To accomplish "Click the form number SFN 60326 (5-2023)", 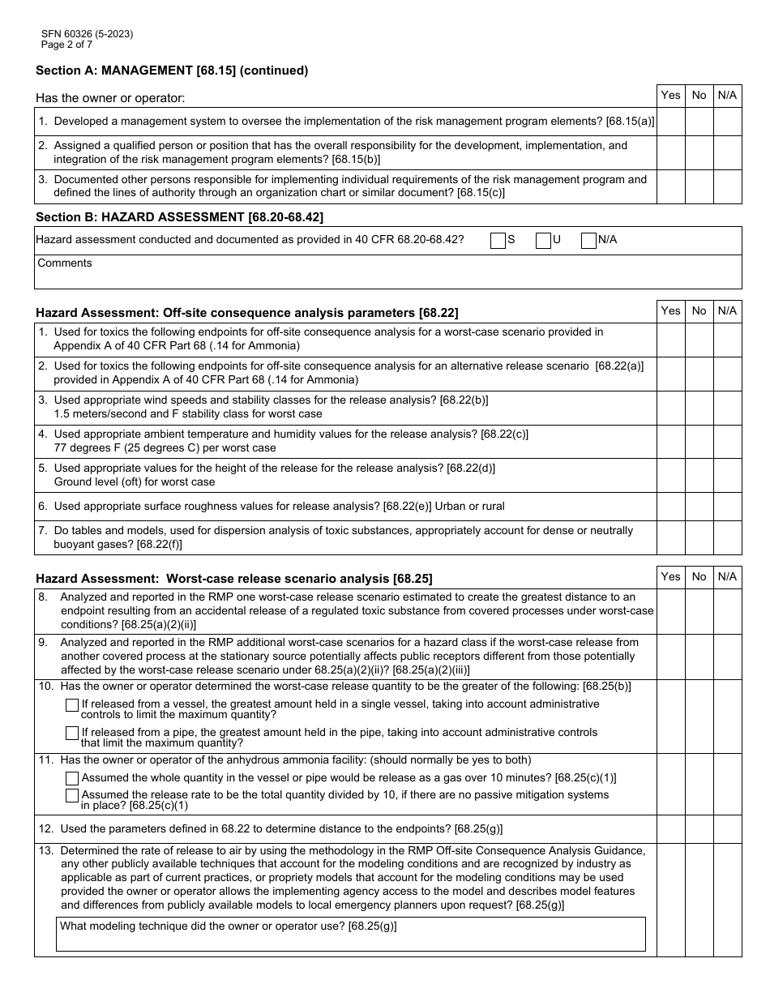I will tap(88, 34).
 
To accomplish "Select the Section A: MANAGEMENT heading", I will tap(172, 71).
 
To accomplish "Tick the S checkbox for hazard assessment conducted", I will tap(498, 240).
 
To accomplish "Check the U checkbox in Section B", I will tap(543, 240).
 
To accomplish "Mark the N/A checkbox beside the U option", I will tap(588, 240).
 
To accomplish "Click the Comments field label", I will tap(65, 263).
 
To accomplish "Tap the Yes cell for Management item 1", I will tap(670, 122).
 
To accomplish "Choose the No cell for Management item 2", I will tap(699, 152).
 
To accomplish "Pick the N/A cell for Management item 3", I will tap(727, 186).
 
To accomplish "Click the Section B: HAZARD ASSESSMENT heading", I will tap(180, 216).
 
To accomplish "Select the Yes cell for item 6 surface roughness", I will tap(670, 507).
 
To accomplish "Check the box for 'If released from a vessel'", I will tap(72, 705).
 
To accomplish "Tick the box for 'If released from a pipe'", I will tap(72, 734).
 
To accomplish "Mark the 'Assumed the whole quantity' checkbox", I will tap(72, 778).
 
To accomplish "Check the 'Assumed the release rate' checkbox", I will tap(72, 796).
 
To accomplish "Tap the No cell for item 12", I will tap(699, 829).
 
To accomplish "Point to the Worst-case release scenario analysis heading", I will tap(234, 579).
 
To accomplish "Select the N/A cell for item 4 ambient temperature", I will tap(727, 442).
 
